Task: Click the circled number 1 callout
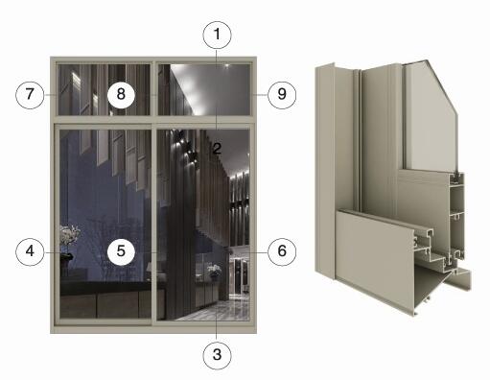[x=217, y=35]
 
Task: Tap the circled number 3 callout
[x=217, y=354]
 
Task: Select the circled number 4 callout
[x=30, y=251]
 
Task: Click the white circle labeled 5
[x=121, y=251]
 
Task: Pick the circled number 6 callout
[x=282, y=251]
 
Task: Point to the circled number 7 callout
[x=30, y=94]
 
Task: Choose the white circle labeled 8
[x=121, y=94]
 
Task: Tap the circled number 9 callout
[x=282, y=94]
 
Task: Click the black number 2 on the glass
[x=217, y=149]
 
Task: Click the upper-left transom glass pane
[x=105, y=89]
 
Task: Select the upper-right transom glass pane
[x=204, y=89]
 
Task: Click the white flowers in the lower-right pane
[x=214, y=271]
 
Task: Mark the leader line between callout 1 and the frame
[x=217, y=89]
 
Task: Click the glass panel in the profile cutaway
[x=430, y=118]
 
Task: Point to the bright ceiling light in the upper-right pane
[x=226, y=66]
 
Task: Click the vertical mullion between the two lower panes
[x=154, y=224]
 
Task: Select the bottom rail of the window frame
[x=153, y=329]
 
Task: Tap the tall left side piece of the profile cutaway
[x=325, y=170]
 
